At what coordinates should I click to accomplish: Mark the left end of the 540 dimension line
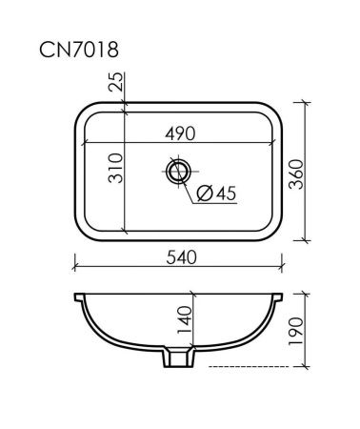73,268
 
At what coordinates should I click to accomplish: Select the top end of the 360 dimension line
306,100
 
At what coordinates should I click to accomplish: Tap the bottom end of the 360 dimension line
306,242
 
